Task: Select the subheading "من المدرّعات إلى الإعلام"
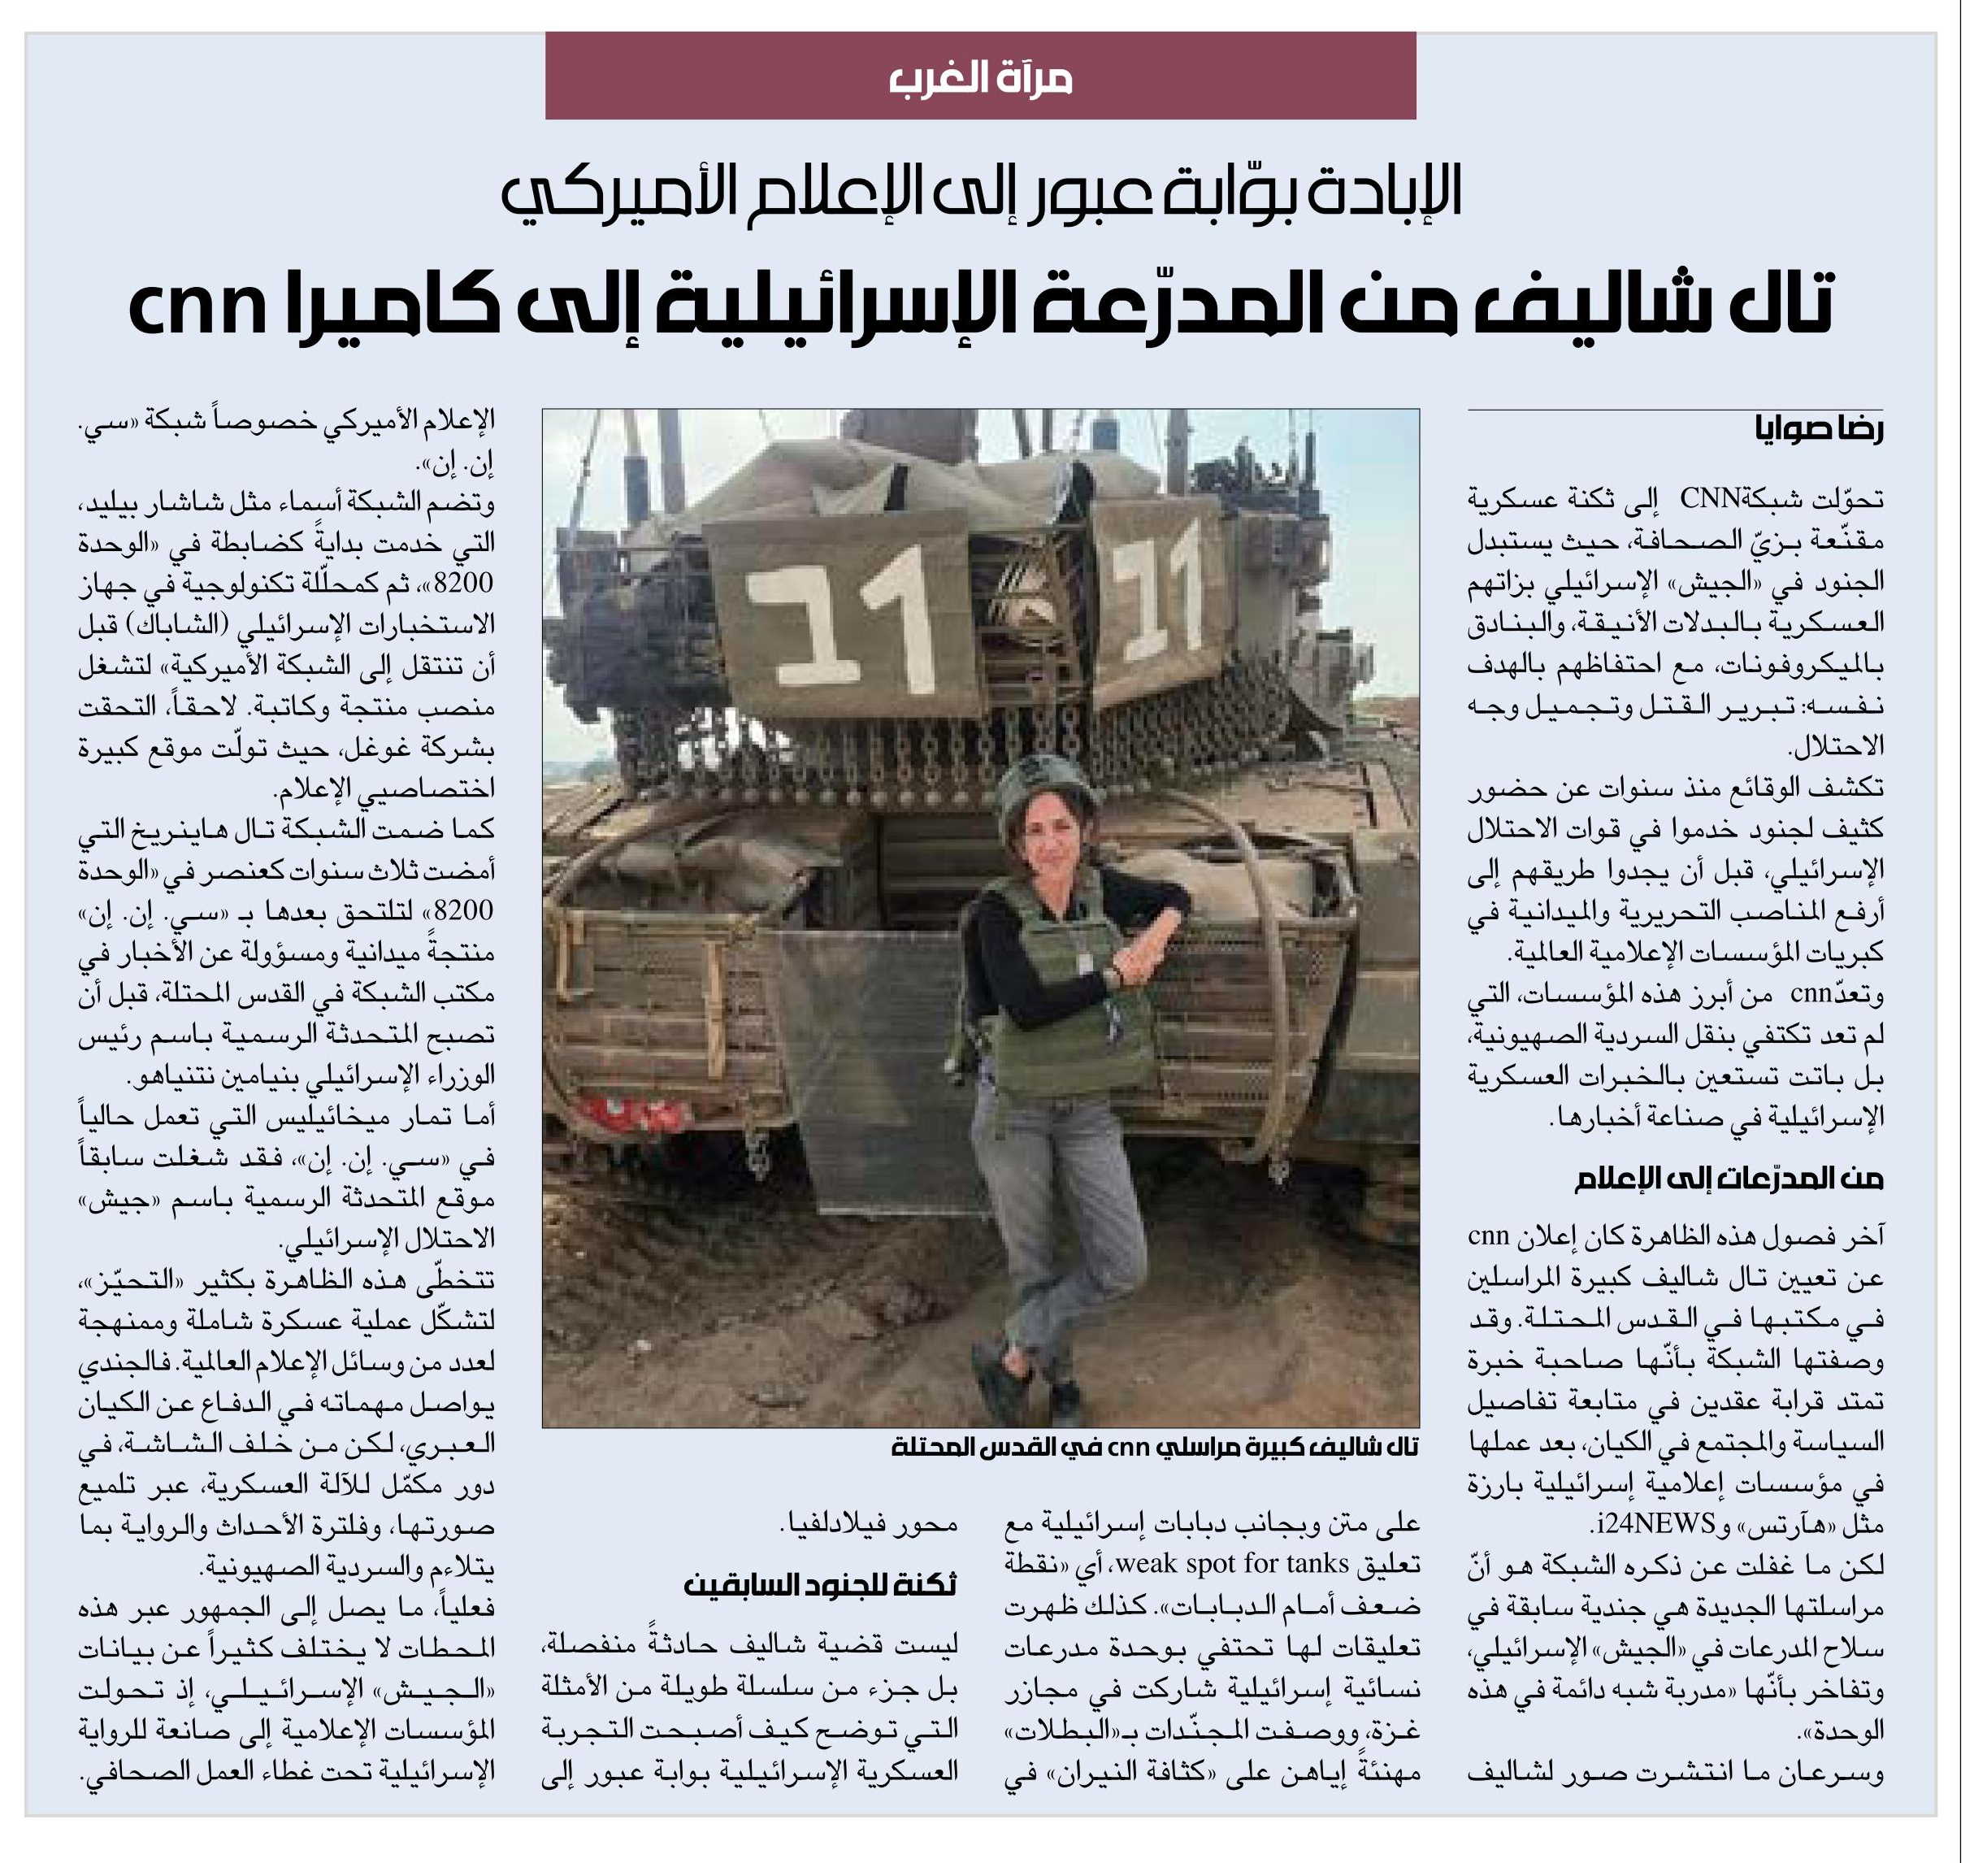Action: [1728, 1180]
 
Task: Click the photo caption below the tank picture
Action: [1155, 1447]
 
